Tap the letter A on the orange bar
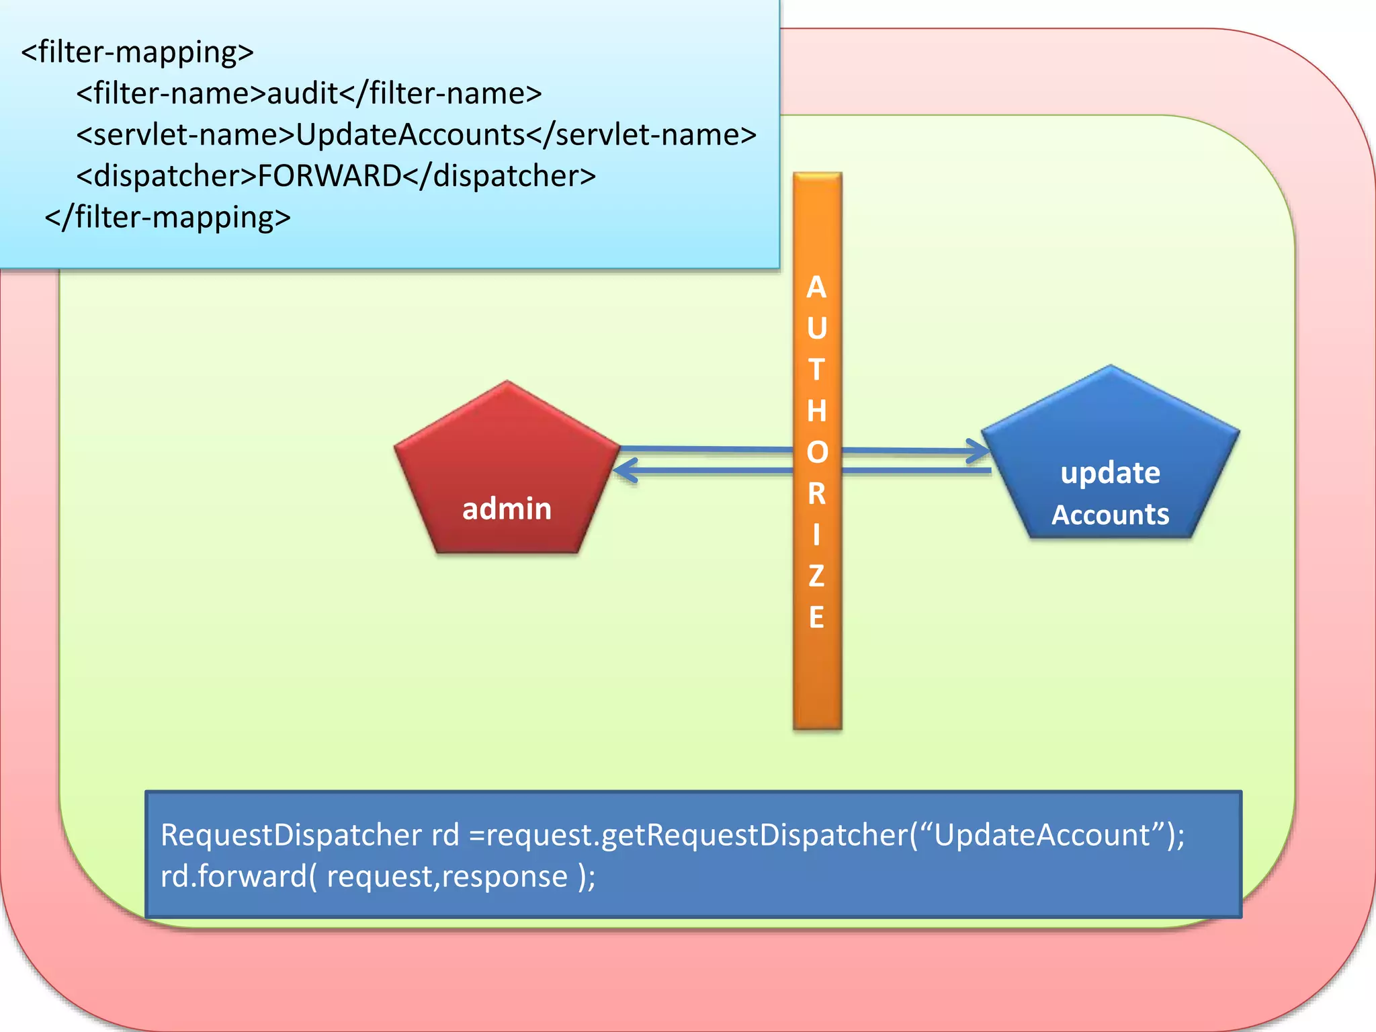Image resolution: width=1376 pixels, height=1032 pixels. pyautogui.click(x=816, y=288)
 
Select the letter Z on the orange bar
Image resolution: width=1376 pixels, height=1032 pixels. pyautogui.click(x=816, y=576)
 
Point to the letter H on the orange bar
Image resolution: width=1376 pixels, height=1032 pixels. pyautogui.click(x=816, y=411)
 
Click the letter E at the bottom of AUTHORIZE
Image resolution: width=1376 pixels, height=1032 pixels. pyautogui.click(x=816, y=617)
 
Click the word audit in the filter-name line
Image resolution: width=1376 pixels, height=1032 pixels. pyautogui.click(x=302, y=93)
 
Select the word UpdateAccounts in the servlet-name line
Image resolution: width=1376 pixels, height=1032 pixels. pyautogui.click(x=410, y=135)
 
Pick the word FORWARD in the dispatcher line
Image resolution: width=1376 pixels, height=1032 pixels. pyautogui.click(x=329, y=176)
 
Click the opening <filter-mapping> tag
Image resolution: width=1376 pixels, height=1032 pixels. pyautogui.click(x=138, y=52)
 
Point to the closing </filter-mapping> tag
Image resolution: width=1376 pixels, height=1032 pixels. pyautogui.click(x=168, y=217)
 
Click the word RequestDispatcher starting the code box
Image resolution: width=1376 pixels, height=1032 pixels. pyautogui.click(x=291, y=835)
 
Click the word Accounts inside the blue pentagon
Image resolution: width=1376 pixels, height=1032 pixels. pyautogui.click(x=1110, y=515)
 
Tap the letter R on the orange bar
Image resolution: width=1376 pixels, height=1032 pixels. pyautogui.click(x=816, y=493)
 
